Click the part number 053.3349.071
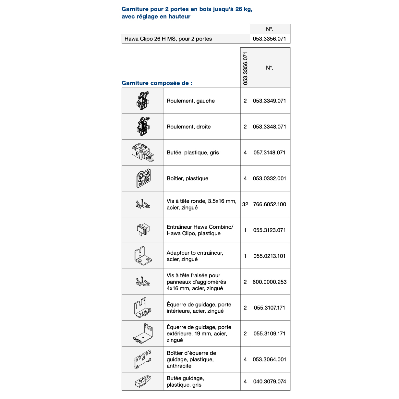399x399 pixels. coord(269,101)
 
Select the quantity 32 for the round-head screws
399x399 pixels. coord(245,204)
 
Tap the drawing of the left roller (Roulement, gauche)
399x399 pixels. coord(143,101)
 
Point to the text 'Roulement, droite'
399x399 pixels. coord(188,127)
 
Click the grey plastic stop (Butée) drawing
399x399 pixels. coord(143,152)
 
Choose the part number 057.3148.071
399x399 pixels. coord(269,152)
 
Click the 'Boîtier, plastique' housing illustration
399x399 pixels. coord(143,178)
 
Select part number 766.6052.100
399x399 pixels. coord(270,204)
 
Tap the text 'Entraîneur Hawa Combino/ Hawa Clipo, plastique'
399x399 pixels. coord(200,230)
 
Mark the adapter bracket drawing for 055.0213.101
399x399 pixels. coord(143,256)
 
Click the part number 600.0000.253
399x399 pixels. coord(270,282)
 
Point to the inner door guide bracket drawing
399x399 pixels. coord(143,308)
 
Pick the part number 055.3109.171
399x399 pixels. coord(269,333)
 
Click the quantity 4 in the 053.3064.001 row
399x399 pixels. coord(245,359)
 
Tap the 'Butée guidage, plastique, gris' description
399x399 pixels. coord(185,381)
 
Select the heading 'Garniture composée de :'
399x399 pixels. coord(157,83)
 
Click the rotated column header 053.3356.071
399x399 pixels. coord(245,68)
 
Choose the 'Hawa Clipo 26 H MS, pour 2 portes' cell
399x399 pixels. coord(168,39)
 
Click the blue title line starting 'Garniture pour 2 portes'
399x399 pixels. coord(187,9)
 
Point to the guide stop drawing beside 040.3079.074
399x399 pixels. coord(143,381)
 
